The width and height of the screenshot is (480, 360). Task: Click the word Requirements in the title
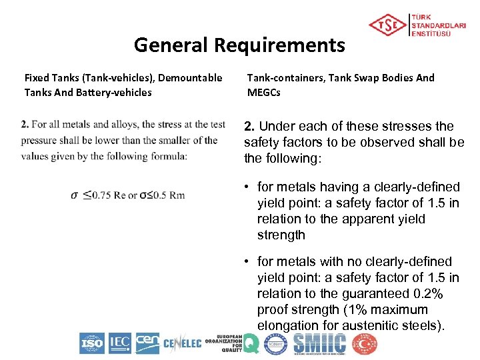click(279, 45)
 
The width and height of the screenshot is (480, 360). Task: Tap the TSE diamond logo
click(388, 25)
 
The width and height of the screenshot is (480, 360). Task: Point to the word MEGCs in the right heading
click(264, 93)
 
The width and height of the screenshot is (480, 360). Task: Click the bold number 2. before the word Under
click(249, 126)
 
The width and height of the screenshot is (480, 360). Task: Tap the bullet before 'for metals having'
click(247, 187)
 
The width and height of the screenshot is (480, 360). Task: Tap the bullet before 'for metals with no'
click(247, 262)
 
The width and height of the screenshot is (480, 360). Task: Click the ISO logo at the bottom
click(92, 343)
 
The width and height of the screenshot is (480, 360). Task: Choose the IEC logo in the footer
click(119, 343)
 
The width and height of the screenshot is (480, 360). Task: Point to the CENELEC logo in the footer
click(182, 344)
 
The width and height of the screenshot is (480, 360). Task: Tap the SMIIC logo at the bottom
click(319, 343)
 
